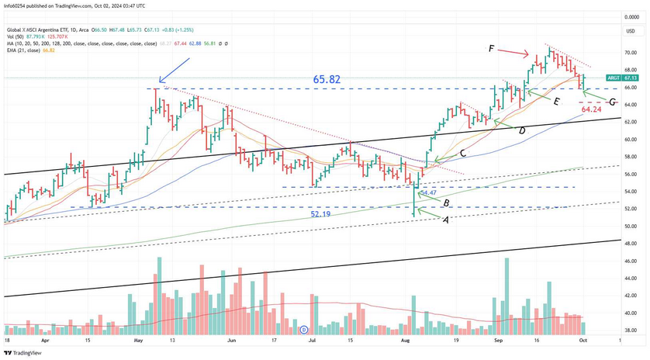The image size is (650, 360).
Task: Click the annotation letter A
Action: tap(445, 220)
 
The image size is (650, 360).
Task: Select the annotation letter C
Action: tap(463, 154)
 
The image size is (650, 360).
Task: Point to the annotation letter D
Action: tap(522, 131)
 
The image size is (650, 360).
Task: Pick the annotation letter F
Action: tap(492, 49)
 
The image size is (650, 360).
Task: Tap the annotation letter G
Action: tap(613, 102)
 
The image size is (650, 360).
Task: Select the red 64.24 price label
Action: tap(592, 110)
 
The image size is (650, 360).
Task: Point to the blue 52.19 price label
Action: tap(327, 213)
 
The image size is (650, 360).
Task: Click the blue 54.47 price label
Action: tap(427, 192)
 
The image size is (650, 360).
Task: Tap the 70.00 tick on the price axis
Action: tap(630, 53)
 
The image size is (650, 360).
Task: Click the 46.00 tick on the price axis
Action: tap(630, 261)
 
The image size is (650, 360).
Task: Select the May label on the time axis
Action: tap(138, 340)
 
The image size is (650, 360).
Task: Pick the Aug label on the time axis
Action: tap(405, 340)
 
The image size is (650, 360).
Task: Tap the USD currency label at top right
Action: tap(630, 31)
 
